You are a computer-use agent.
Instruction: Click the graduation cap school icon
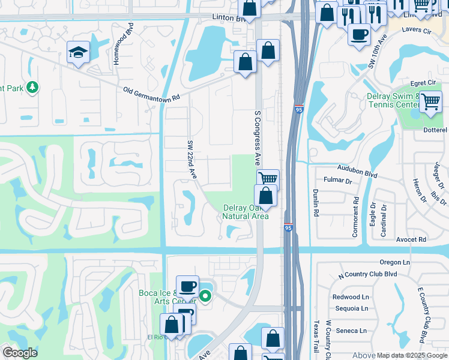(x=78, y=53)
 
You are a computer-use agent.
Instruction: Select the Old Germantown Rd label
(x=151, y=94)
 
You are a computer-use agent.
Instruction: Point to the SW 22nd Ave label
(x=191, y=159)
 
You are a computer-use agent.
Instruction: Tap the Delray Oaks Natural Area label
(x=245, y=212)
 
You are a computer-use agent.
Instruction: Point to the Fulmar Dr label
(x=337, y=179)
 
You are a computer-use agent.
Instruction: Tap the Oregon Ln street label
(x=394, y=262)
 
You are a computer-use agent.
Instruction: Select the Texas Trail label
(x=315, y=336)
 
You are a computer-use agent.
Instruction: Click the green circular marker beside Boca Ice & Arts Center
(x=205, y=296)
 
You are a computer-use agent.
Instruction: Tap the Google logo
(x=20, y=353)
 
